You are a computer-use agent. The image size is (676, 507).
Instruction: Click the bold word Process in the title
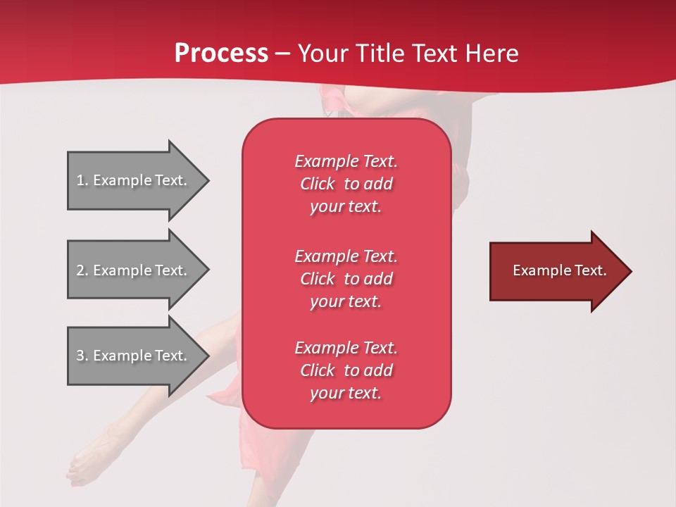[221, 54]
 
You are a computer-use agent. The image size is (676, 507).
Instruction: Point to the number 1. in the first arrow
[82, 180]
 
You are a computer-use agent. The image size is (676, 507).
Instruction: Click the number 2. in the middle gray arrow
[82, 270]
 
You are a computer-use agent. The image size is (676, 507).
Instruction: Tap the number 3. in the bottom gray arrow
[82, 356]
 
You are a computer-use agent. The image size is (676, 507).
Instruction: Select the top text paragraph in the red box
[346, 184]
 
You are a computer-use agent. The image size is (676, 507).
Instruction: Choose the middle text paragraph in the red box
[346, 279]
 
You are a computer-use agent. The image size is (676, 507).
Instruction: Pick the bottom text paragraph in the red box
[346, 370]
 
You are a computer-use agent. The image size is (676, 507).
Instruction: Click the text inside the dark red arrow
[560, 270]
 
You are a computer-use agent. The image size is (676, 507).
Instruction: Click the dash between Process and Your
[283, 54]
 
